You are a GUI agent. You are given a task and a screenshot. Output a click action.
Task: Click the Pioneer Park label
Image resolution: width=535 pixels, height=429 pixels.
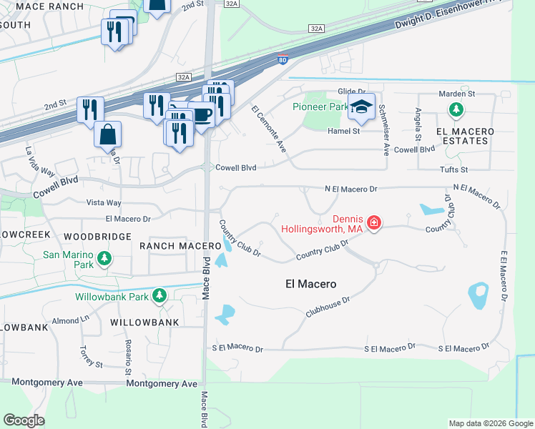[319, 107]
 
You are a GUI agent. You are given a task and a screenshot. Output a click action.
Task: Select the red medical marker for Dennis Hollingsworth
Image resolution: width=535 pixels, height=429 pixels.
[373, 224]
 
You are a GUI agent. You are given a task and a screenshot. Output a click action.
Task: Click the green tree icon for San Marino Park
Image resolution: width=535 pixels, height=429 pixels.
[106, 257]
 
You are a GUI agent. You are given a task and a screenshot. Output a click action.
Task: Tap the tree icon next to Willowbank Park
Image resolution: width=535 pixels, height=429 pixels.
[160, 295]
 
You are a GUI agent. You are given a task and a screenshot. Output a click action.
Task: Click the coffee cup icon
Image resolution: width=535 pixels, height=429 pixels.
[202, 114]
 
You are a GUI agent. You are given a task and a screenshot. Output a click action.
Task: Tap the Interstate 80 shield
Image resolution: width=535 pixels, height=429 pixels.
[283, 60]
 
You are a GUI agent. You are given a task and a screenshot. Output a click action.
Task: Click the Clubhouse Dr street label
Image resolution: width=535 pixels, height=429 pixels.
[327, 307]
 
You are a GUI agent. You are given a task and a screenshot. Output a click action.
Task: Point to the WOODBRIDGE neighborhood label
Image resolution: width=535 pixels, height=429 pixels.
[97, 236]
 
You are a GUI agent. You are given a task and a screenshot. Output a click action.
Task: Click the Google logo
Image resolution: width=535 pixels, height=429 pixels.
[24, 420]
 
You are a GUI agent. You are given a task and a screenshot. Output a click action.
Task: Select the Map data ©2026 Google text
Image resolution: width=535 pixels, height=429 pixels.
[490, 423]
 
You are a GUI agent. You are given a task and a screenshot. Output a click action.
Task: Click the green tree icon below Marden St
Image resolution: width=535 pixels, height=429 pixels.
[456, 110]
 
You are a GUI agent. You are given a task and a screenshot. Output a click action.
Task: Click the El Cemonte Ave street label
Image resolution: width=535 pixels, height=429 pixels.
[268, 129]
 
